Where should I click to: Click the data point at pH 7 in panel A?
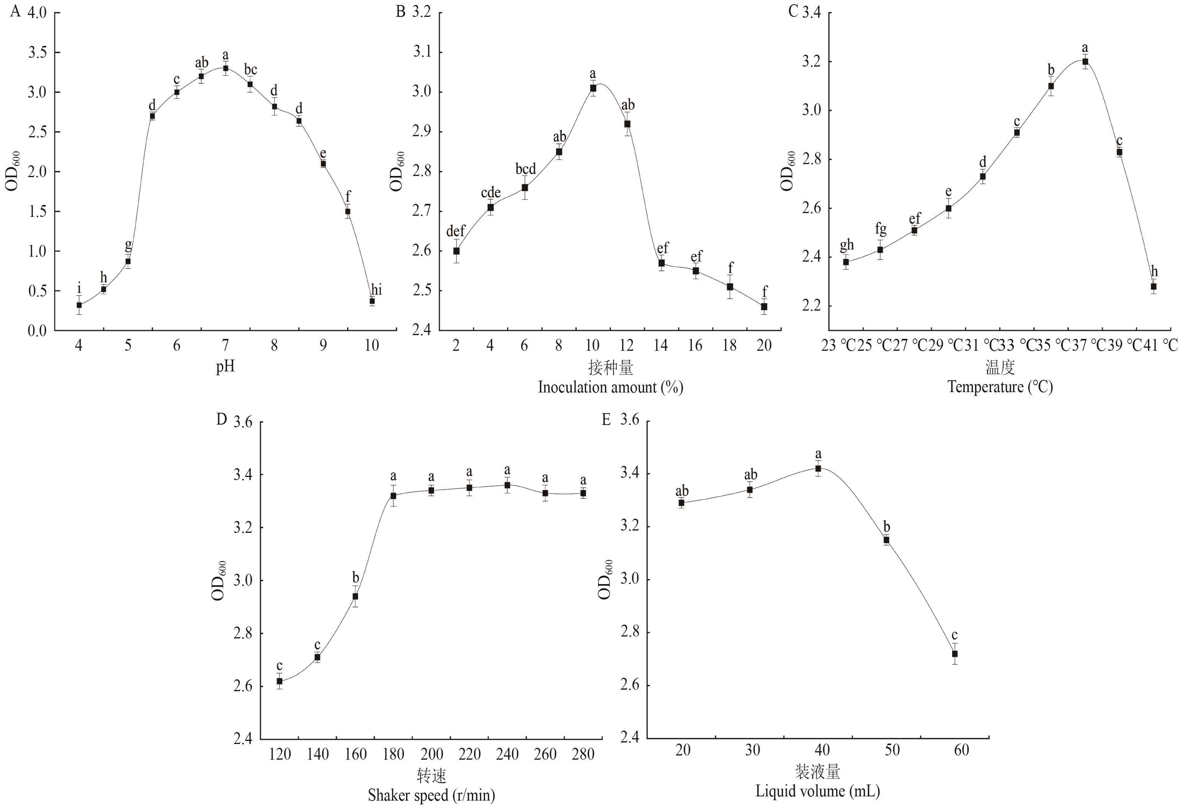point(226,68)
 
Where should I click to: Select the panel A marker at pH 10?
point(372,301)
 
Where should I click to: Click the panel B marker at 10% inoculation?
point(593,88)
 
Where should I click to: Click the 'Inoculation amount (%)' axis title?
point(610,387)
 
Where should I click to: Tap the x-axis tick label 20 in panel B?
point(764,346)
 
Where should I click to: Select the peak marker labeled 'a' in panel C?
point(1085,62)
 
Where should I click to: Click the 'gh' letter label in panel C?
point(846,245)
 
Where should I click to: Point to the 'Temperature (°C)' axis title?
point(1000,387)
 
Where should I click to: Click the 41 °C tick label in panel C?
point(1156,346)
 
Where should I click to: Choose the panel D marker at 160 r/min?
point(355,596)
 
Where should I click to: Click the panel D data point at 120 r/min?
point(279,681)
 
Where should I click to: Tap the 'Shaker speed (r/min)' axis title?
point(431,795)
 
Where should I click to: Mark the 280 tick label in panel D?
point(583,754)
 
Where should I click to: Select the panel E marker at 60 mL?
point(955,654)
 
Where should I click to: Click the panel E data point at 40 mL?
point(818,468)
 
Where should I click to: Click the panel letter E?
point(606,420)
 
